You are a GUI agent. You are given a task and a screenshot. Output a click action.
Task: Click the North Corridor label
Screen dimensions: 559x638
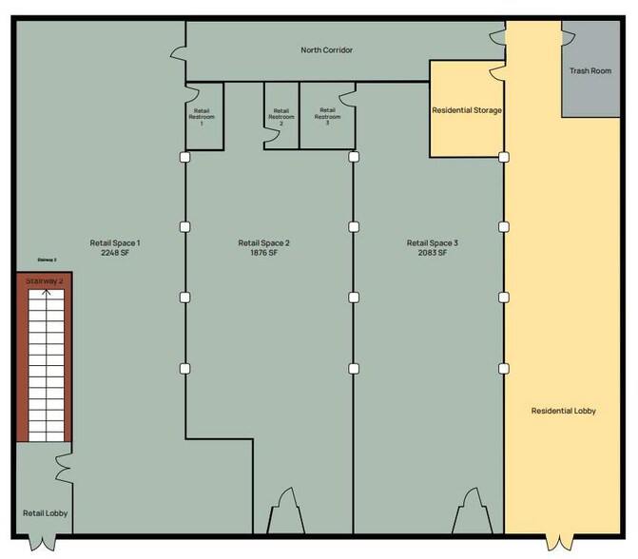327,49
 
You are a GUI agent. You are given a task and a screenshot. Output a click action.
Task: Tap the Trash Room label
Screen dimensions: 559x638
590,70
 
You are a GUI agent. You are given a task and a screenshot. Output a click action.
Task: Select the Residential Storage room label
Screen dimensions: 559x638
467,110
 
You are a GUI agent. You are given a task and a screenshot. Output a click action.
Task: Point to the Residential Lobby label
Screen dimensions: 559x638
563,411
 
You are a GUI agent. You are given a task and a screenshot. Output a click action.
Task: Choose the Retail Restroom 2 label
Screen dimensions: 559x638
280,117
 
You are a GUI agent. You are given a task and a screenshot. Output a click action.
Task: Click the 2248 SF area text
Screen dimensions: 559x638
115,254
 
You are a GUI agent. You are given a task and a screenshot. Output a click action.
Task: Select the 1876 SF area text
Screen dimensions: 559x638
263,254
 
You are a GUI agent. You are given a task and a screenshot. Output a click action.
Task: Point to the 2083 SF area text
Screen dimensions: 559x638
433,254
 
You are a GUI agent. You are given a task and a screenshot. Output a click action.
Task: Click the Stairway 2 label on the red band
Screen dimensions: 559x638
44,280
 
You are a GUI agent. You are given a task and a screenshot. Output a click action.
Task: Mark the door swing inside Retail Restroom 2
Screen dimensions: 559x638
272,136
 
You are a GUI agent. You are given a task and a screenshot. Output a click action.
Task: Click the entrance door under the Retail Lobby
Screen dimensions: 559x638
44,544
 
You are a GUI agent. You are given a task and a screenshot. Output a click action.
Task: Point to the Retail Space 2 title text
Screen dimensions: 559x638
263,242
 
